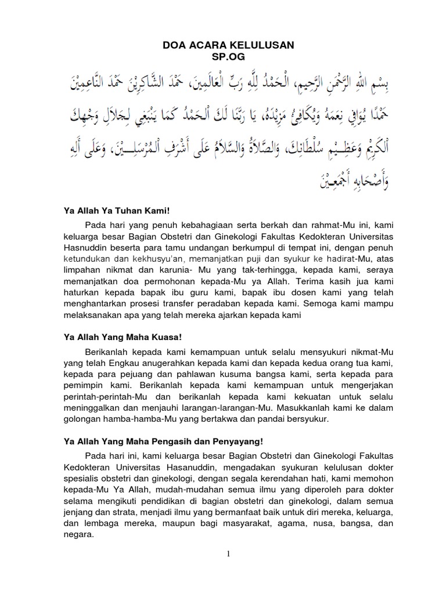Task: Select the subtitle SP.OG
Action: [x=224, y=56]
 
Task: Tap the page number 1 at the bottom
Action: [x=229, y=554]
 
